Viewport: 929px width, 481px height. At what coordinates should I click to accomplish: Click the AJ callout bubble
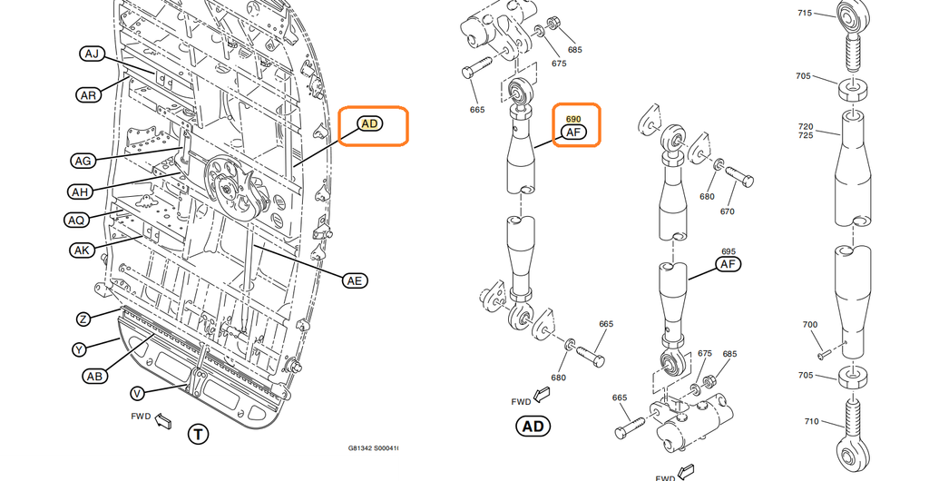click(x=92, y=54)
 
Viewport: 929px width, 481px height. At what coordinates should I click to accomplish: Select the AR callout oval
click(x=88, y=95)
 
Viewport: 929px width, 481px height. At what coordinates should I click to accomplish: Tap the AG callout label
click(x=83, y=161)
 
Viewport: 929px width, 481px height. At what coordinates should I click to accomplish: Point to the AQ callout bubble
click(x=76, y=221)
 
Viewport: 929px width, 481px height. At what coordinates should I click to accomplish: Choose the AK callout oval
click(x=82, y=250)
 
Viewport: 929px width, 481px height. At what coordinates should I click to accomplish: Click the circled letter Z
click(x=83, y=319)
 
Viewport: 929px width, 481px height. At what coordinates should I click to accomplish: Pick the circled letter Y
click(x=79, y=349)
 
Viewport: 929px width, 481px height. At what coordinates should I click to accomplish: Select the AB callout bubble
click(x=94, y=376)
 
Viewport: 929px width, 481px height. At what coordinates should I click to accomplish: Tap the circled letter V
click(x=138, y=393)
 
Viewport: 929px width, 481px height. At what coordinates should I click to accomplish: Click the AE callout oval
click(x=355, y=280)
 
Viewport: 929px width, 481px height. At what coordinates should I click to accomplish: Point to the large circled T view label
click(x=198, y=434)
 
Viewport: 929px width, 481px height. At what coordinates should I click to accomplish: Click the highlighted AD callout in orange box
click(x=370, y=123)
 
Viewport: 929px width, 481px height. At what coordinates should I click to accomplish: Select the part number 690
click(x=573, y=119)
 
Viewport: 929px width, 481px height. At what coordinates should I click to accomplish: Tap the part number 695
click(x=729, y=251)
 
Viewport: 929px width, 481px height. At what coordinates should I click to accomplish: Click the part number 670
click(x=727, y=211)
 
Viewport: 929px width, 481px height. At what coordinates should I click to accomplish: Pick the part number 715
click(x=805, y=13)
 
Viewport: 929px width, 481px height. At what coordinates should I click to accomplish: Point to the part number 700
click(x=810, y=325)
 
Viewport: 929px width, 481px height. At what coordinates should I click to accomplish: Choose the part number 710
click(x=811, y=422)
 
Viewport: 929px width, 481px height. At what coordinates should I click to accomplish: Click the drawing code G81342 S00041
click(x=373, y=447)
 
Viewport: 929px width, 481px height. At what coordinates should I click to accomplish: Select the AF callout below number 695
click(x=729, y=264)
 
